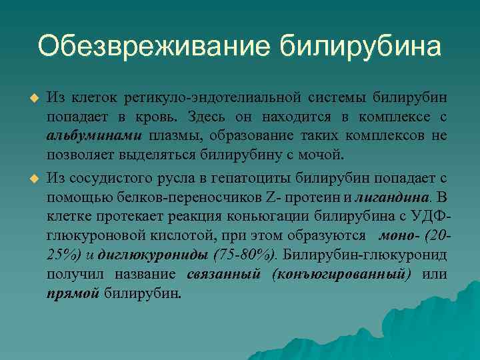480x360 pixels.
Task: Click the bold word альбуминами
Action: [x=94, y=137]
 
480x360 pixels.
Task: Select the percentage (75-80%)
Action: [x=247, y=255]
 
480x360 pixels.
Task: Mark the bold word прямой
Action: [x=73, y=293]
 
